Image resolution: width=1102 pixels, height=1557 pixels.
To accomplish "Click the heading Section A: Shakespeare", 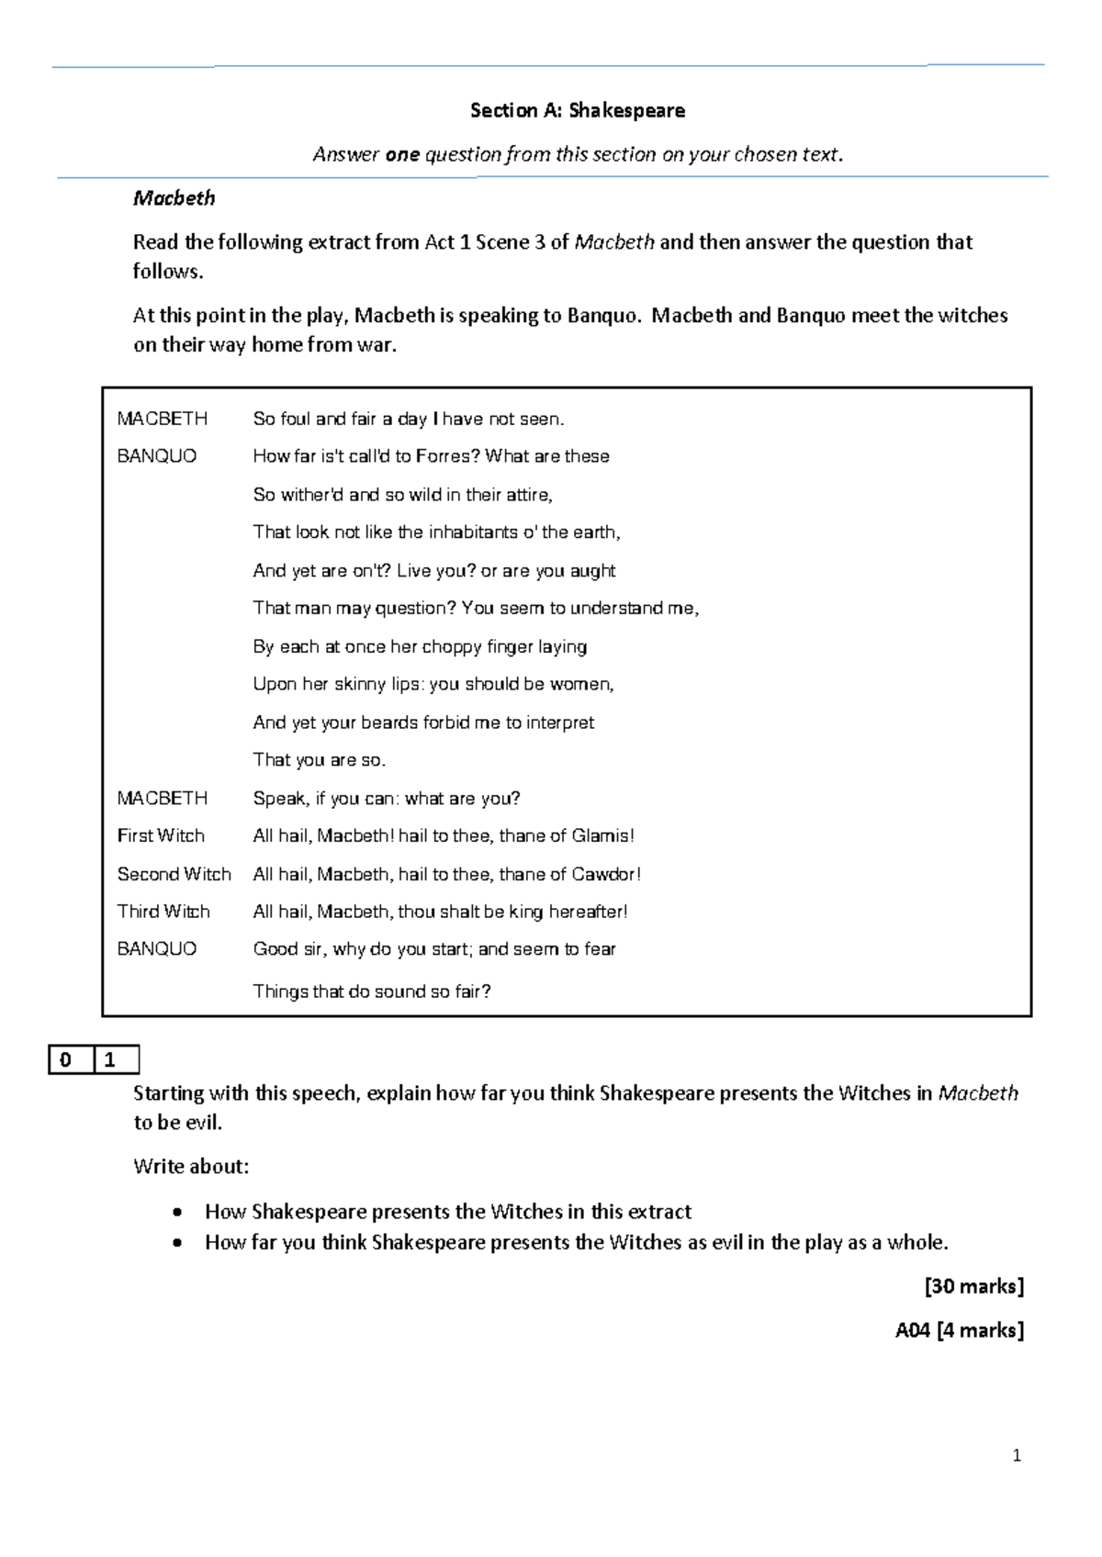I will coord(577,111).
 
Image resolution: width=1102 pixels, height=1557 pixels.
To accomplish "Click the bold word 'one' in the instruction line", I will coord(402,154).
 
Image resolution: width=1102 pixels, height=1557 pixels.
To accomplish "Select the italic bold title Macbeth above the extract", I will coord(174,198).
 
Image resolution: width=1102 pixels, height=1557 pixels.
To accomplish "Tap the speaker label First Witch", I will coord(161,835).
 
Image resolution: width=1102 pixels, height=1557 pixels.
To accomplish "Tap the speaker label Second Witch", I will coord(174,874).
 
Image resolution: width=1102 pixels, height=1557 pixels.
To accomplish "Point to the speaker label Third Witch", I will coord(163,912).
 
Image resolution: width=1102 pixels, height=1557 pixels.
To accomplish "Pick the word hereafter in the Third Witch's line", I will coord(585,912).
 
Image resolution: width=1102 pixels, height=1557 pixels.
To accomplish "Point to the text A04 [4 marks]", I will coord(959,1330).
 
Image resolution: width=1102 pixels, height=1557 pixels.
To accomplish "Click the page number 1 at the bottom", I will coord(1016,1455).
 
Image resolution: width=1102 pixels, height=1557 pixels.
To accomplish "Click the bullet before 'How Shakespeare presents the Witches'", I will coord(177,1213).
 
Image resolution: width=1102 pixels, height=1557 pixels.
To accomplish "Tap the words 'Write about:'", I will coord(191,1167).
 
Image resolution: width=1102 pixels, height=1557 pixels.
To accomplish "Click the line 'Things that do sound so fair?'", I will coord(372,991).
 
